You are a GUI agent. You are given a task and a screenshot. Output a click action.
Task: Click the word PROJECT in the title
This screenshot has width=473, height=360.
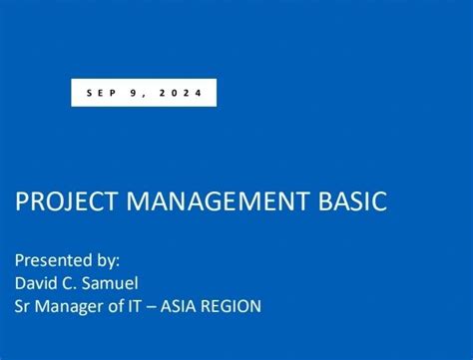pos(61,202)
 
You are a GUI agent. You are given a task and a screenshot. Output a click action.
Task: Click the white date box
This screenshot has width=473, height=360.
pos(144,93)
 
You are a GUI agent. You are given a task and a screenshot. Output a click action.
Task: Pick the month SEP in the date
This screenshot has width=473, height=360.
pos(101,93)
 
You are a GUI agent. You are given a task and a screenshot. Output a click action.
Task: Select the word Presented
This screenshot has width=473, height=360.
pos(49,259)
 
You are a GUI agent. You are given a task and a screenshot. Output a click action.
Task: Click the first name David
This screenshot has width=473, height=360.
pos(37,283)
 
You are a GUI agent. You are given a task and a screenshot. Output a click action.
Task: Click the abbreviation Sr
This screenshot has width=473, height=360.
pos(23,307)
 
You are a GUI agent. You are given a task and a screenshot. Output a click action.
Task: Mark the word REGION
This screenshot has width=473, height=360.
pos(236,307)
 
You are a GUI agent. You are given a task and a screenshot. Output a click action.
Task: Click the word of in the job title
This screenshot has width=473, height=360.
pos(116,307)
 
